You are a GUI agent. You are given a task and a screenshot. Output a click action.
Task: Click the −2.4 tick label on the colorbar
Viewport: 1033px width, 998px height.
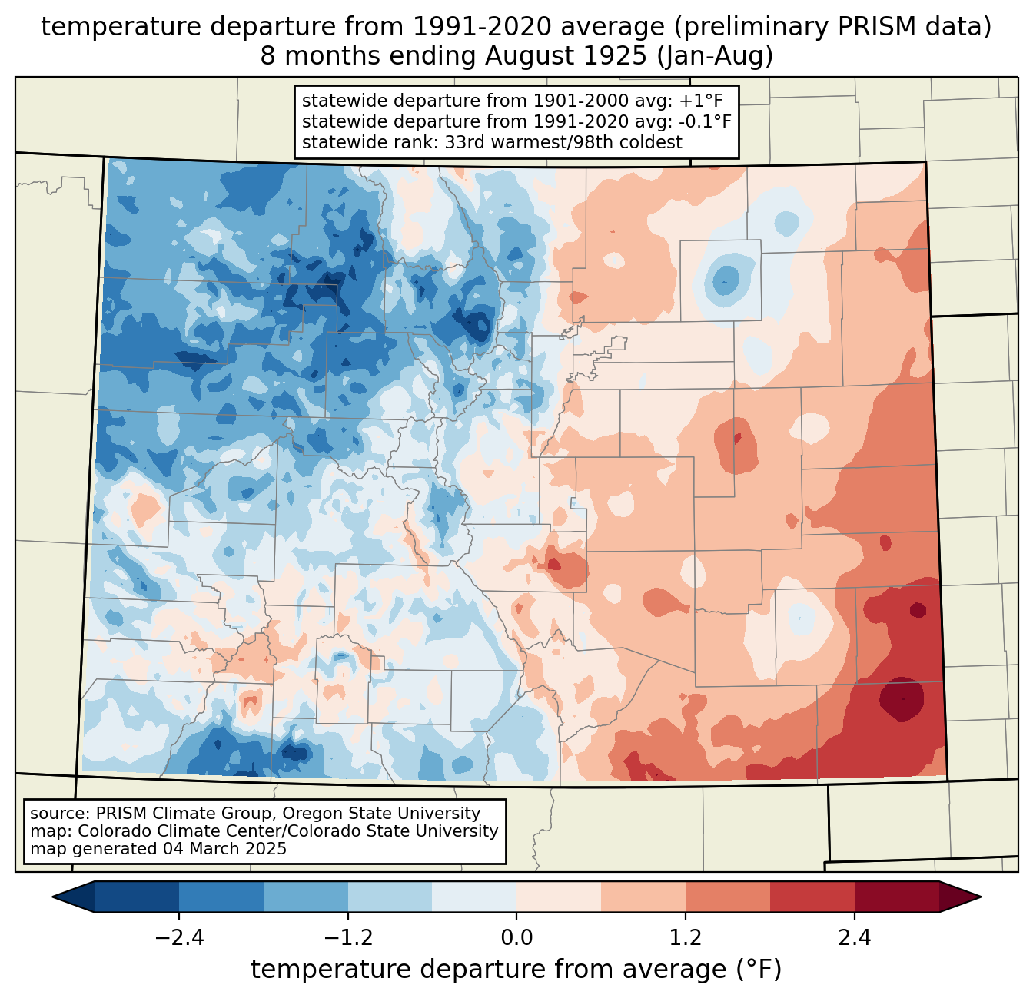tap(178, 938)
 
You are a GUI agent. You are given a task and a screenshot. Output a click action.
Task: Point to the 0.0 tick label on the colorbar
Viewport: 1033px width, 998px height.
tap(516, 938)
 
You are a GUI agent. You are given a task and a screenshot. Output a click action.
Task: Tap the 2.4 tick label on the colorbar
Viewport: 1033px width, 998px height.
tap(854, 938)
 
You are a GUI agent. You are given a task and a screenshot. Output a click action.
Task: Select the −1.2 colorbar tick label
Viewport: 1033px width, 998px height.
tap(347, 938)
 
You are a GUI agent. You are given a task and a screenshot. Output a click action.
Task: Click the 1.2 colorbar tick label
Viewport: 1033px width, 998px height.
tap(685, 938)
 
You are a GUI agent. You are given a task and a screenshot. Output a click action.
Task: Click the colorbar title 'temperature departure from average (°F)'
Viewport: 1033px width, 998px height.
tap(516, 970)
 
